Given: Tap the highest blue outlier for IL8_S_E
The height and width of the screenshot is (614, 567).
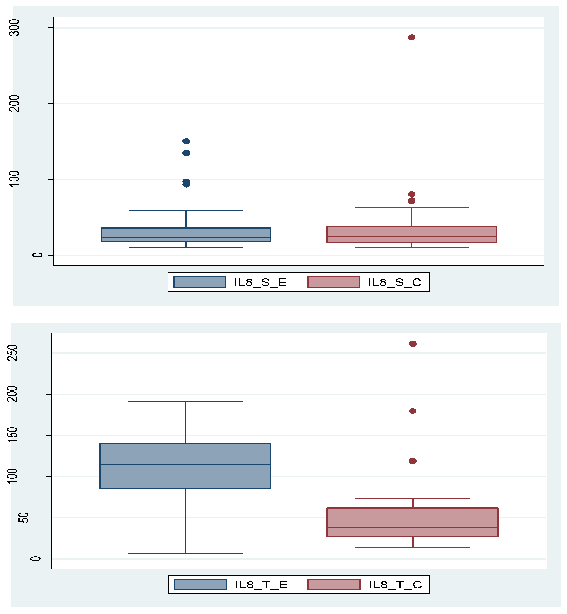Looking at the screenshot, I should (x=186, y=141).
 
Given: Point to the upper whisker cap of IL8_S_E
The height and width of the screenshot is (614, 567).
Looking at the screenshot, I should (x=186, y=211).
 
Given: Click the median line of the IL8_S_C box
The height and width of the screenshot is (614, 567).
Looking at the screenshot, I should (x=411, y=237).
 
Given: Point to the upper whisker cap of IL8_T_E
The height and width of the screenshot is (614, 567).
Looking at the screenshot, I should (x=185, y=401).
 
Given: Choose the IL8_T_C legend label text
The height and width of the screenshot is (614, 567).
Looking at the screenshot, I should (x=395, y=585).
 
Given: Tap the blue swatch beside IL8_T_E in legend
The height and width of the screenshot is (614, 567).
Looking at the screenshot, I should (x=200, y=585).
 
